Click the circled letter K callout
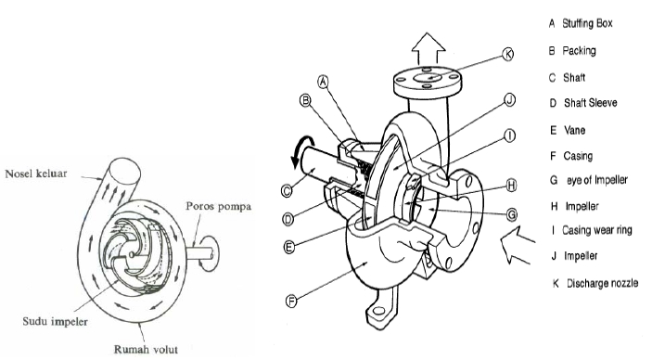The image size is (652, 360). coord(507,54)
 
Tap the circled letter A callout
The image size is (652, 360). coord(323,82)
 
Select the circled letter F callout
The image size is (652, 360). coord(292,301)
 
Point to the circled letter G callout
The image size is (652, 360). coord(512,214)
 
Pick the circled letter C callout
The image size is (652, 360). coord(287,191)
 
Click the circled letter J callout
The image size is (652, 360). coord(510,100)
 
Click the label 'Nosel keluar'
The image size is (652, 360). coord(36,174)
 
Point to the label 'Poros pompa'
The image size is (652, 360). coord(218,206)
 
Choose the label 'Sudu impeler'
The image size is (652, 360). coord(56,321)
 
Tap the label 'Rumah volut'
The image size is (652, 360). coord(146,349)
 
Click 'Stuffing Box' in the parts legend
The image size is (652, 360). coord(587,23)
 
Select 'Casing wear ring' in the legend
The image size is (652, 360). coord(596,230)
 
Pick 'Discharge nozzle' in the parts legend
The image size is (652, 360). coord(602,283)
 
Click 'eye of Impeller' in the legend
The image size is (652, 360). coord(597,180)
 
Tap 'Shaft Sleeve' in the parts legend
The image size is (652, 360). coord(591,103)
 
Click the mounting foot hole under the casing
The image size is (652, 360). coord(378,311)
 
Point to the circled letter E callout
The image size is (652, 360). coord(289,247)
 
